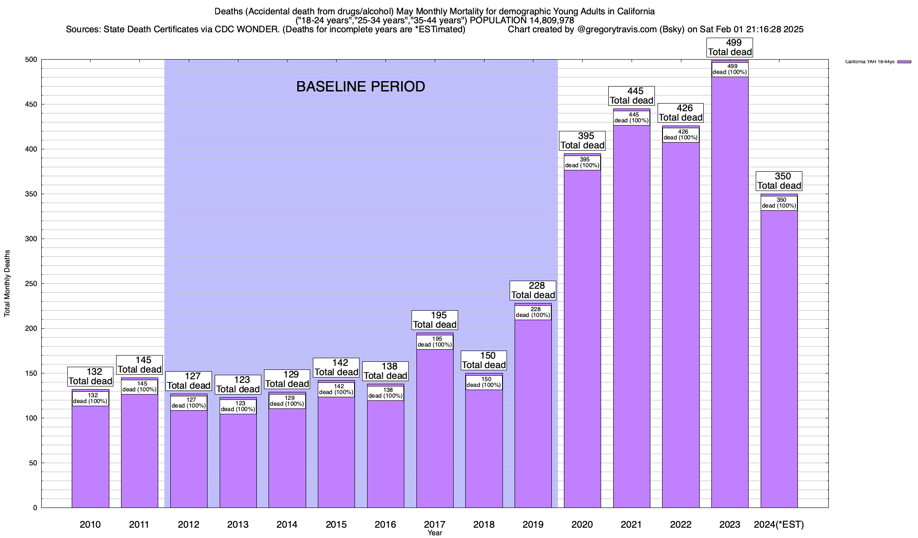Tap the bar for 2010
91,457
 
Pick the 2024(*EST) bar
779,359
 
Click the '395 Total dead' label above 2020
582,141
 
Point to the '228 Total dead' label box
533,291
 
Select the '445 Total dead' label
632,96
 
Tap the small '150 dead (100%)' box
484,382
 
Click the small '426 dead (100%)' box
680,135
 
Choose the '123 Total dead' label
238,385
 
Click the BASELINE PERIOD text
360,87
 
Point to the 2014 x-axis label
287,524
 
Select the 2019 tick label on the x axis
533,524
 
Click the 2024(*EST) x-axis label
779,524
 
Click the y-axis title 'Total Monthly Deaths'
7,283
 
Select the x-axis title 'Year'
435,533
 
